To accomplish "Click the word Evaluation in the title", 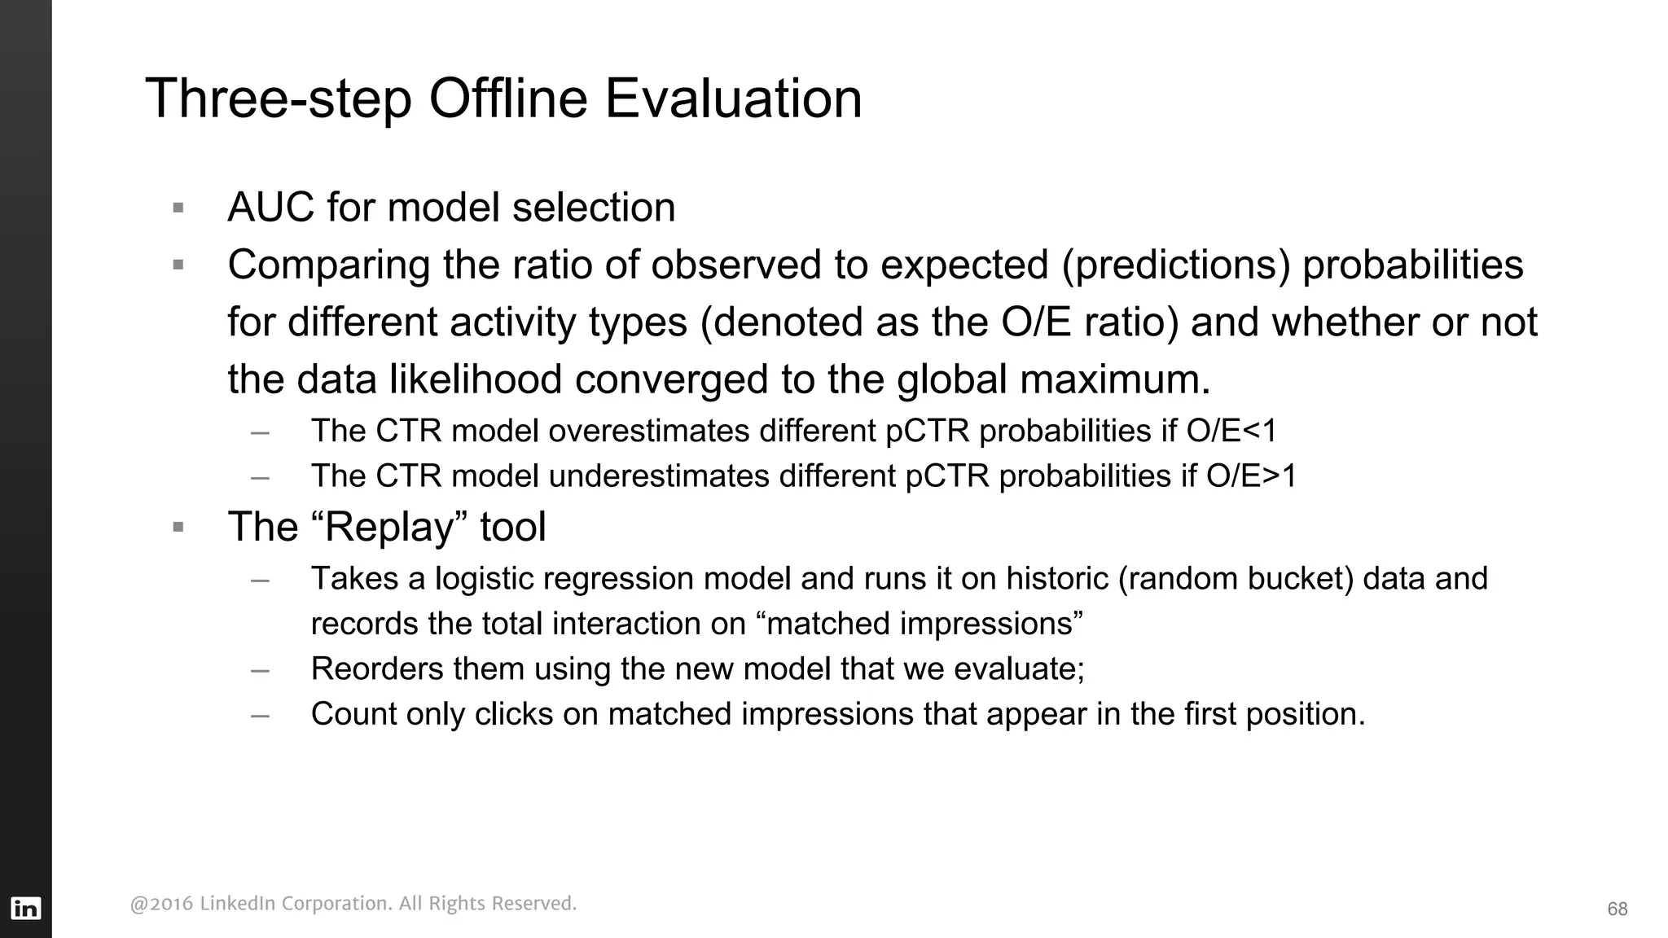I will coord(732,99).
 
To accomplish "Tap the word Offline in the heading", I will coord(507,99).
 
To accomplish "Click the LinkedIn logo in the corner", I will coord(25,908).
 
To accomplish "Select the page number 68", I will coord(1617,910).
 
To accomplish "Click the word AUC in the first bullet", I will coord(270,208).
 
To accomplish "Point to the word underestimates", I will coord(658,476).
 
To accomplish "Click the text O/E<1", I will coord(1231,431).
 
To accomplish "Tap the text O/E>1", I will coord(1251,476).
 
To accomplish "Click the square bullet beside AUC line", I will coord(178,208).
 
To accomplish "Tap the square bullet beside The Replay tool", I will coord(178,528).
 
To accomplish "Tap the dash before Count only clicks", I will coord(260,715).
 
